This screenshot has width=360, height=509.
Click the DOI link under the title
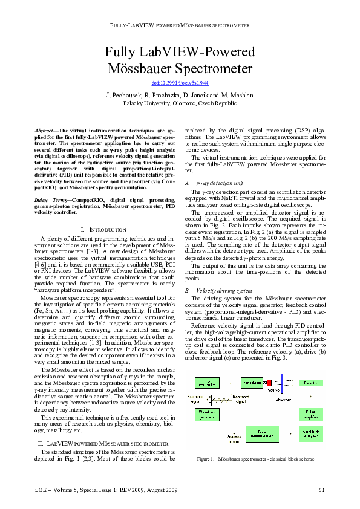(179, 82)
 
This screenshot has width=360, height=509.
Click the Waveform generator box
(209, 413)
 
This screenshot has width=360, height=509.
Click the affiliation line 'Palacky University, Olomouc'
(179, 103)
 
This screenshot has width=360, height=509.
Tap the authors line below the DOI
(179, 96)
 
